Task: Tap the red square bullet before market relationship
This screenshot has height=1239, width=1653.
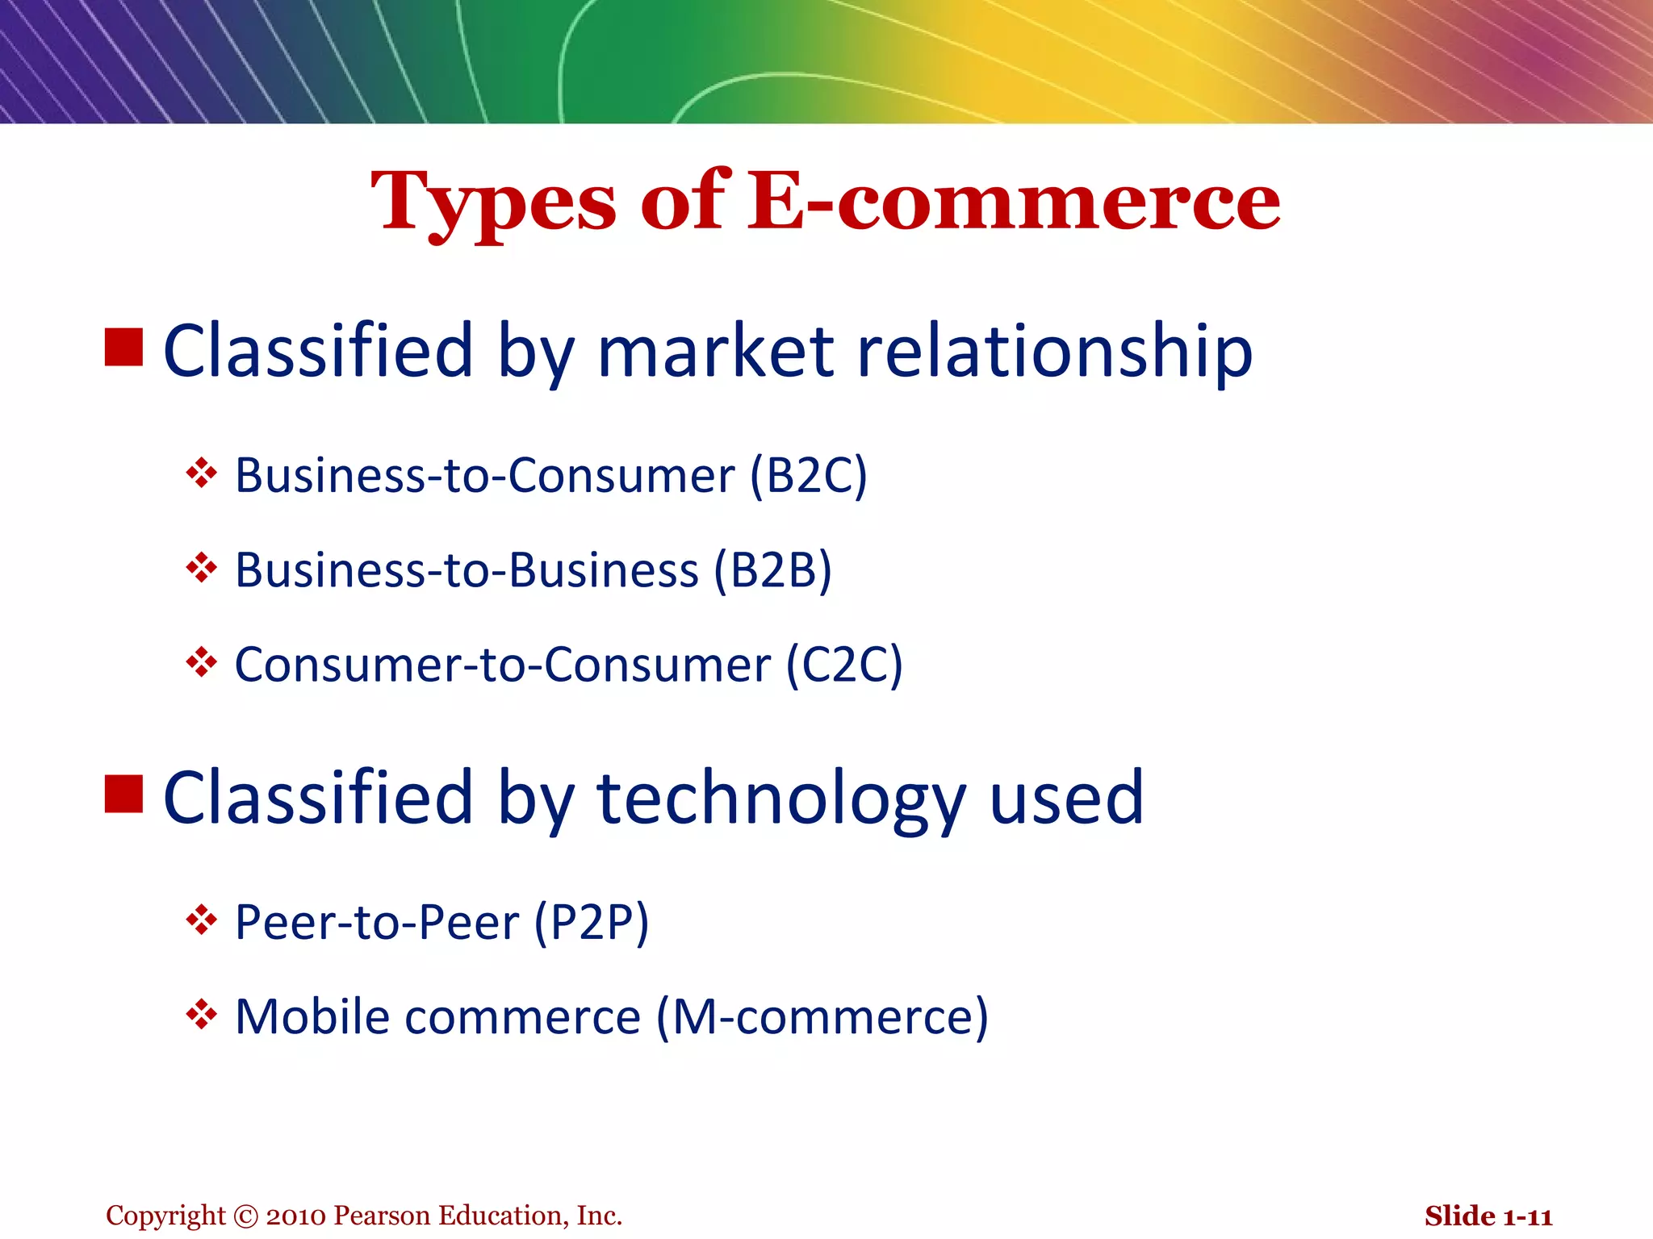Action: [124, 347]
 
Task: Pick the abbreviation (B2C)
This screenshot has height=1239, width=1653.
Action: [809, 475]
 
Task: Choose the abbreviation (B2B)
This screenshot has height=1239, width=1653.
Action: [772, 570]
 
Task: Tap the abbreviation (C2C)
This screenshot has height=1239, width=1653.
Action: [844, 665]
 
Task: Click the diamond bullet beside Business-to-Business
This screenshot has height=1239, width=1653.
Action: [201, 568]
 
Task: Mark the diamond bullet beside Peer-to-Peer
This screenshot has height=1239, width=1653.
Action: [201, 920]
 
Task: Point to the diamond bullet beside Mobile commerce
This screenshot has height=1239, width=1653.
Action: [201, 1014]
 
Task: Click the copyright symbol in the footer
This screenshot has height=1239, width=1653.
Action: [245, 1216]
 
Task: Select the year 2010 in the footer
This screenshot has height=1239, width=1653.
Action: [295, 1216]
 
